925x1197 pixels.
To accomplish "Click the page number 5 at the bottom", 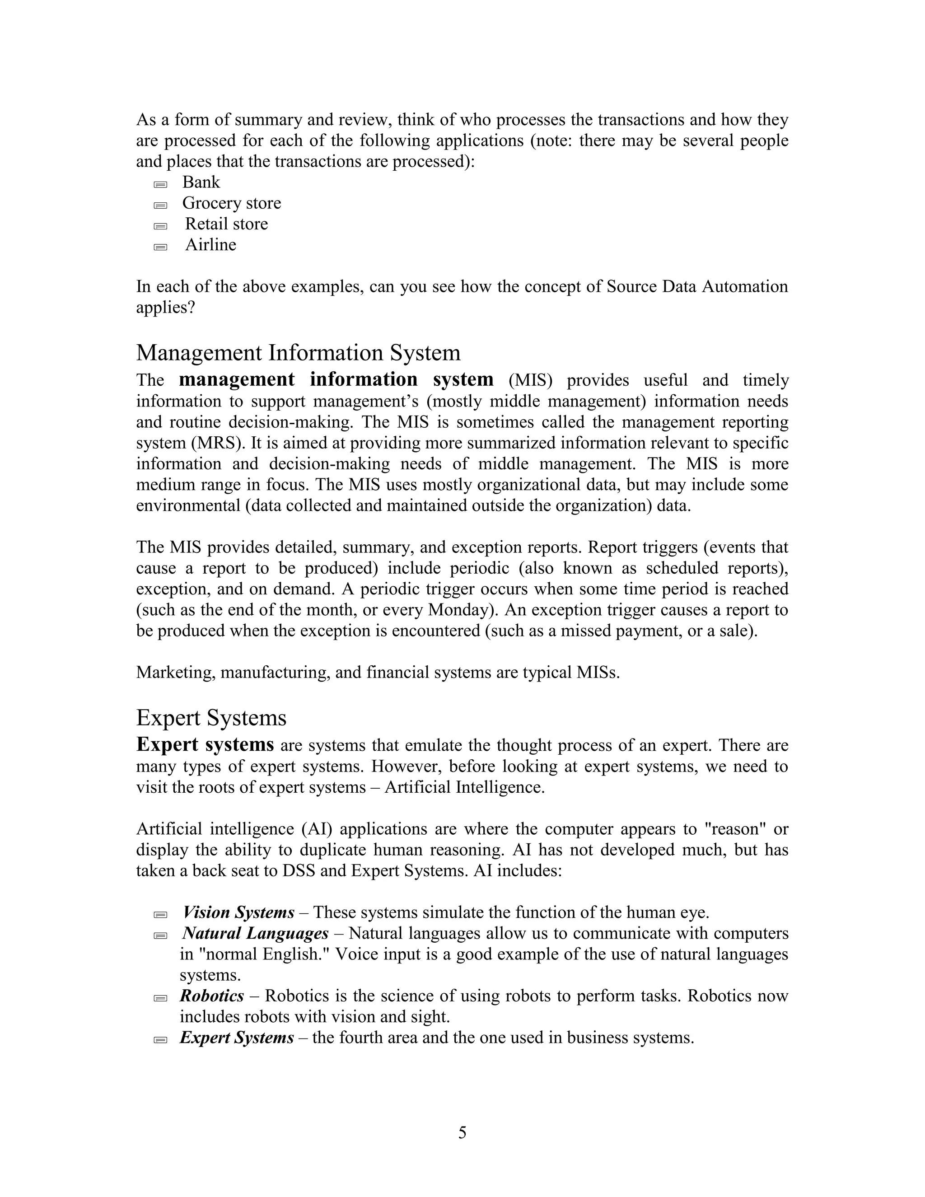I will (462, 1132).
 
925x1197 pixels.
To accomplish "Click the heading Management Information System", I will (298, 352).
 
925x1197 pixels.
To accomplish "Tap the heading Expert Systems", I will (211, 717).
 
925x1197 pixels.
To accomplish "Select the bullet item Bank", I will (201, 182).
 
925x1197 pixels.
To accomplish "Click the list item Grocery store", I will (231, 203).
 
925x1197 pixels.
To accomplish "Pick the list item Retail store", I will (226, 224).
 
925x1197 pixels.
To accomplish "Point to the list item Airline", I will (210, 244).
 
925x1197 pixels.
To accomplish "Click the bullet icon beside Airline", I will (160, 247).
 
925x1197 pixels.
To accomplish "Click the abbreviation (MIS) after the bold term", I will (530, 380).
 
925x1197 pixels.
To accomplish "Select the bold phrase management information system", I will (336, 379).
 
